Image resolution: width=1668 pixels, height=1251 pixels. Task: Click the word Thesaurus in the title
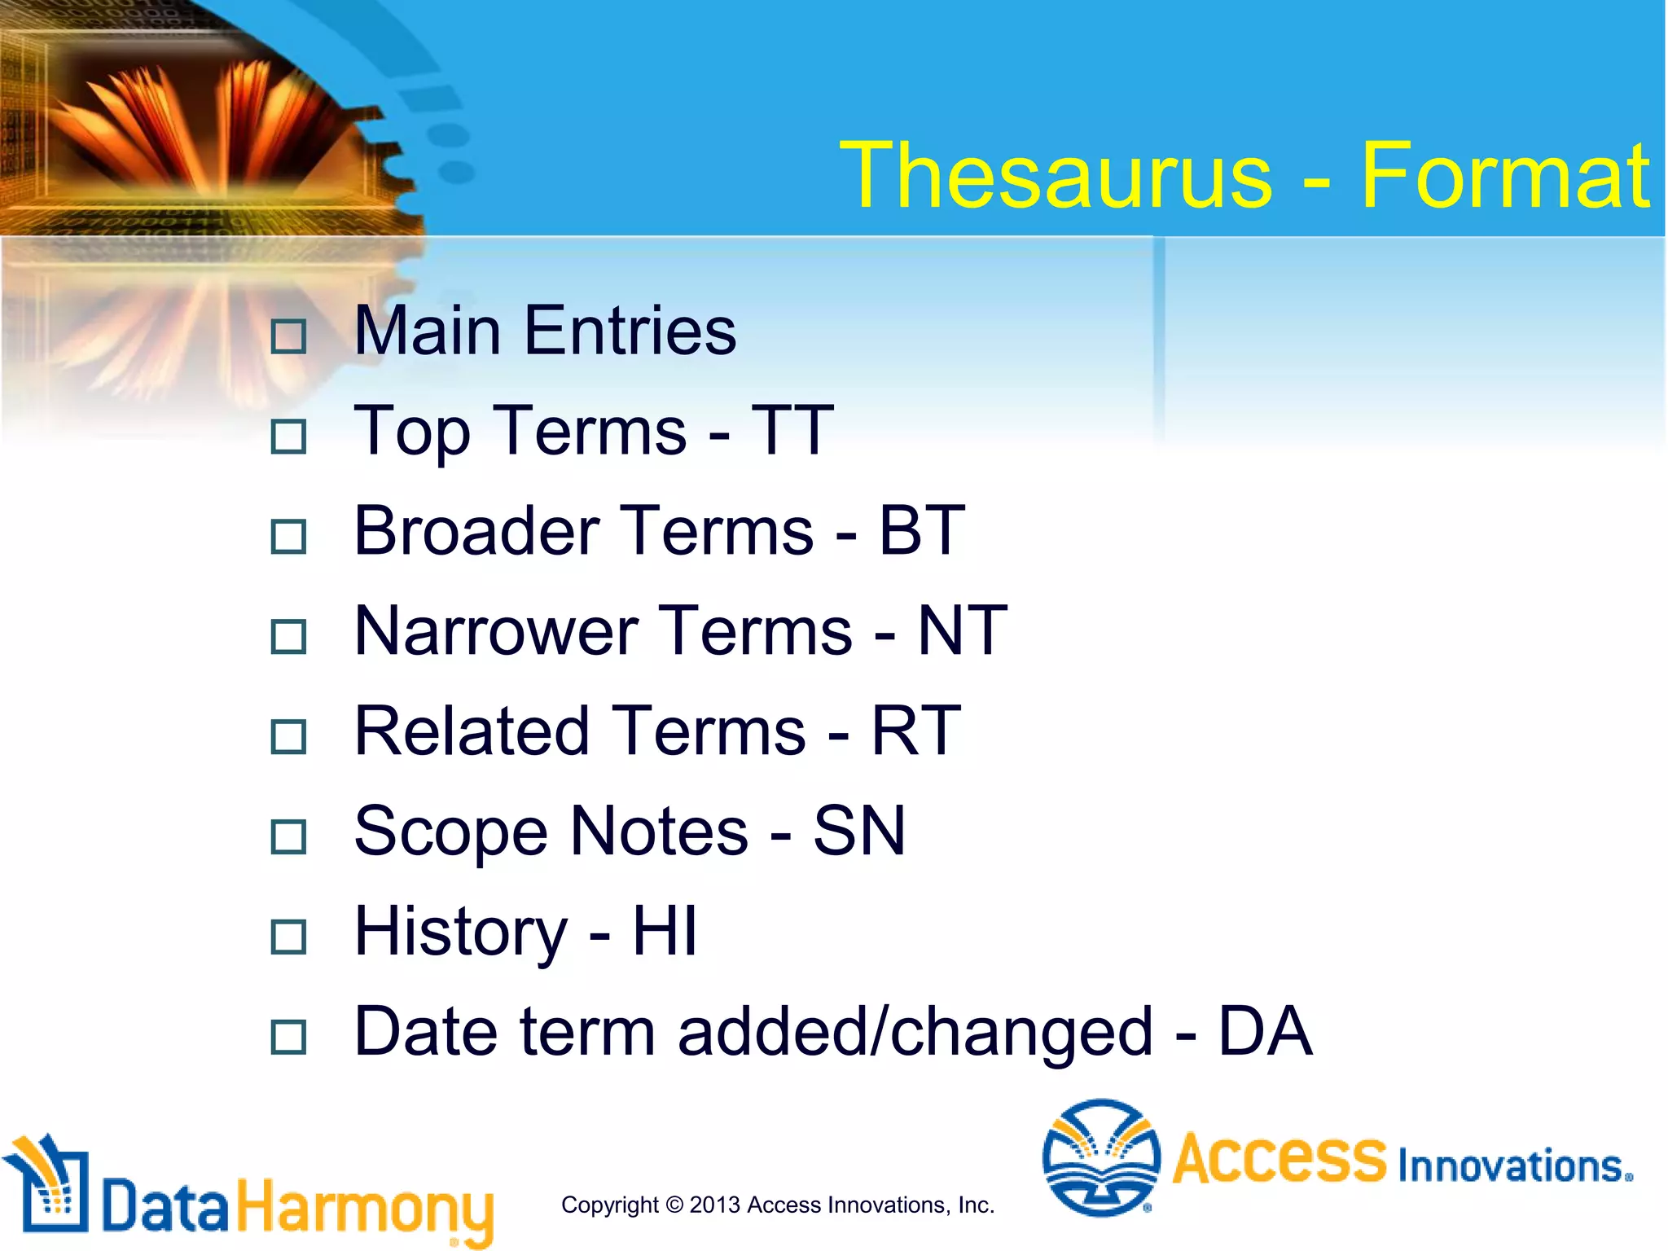click(x=1056, y=175)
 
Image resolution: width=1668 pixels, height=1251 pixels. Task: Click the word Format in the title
click(x=1504, y=175)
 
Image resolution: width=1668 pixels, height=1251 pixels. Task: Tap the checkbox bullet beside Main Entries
click(x=288, y=336)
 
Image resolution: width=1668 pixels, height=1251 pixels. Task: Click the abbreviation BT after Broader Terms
click(x=922, y=531)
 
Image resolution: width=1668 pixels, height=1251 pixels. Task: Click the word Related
click(x=472, y=731)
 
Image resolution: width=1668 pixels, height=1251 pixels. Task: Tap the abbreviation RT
click(x=916, y=731)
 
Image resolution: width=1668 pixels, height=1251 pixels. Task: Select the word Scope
click(x=450, y=832)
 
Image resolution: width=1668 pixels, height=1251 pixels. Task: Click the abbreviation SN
click(x=859, y=832)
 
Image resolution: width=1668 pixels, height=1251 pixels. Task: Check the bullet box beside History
click(x=288, y=937)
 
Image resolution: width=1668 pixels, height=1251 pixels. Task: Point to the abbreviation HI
click(x=665, y=931)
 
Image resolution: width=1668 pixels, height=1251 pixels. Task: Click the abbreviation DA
click(x=1265, y=1032)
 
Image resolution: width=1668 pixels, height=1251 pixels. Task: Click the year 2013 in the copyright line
click(x=714, y=1205)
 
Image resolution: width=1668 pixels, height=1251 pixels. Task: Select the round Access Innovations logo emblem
click(x=1101, y=1157)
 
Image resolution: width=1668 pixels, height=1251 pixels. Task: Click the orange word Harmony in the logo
click(x=365, y=1208)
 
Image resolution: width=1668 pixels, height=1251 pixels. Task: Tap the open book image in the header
click(x=204, y=122)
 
